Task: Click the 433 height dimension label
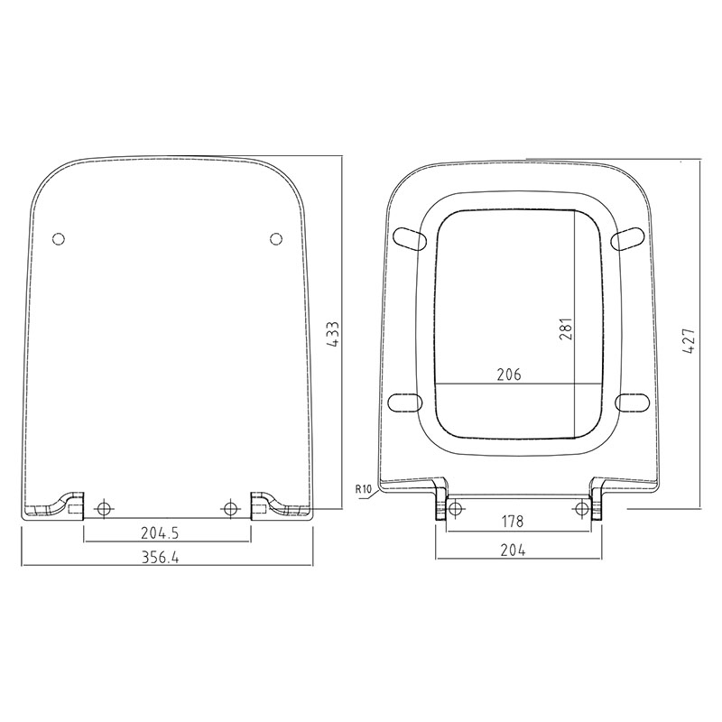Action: tap(333, 334)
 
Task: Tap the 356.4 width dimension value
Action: tap(161, 557)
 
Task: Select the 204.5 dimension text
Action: tap(160, 532)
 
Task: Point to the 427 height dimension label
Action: tap(689, 341)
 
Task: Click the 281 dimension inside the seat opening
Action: tap(566, 329)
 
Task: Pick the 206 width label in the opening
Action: tap(509, 375)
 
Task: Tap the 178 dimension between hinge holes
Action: tap(513, 522)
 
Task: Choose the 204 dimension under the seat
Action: tap(513, 550)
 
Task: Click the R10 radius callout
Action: tap(364, 489)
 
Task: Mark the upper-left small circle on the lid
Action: tap(59, 239)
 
